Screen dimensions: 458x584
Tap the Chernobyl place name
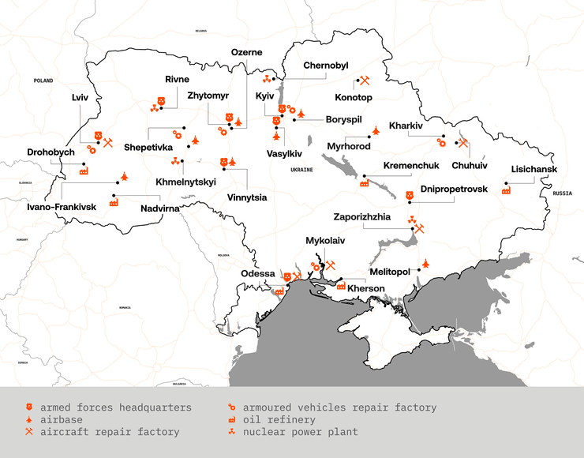pos(325,66)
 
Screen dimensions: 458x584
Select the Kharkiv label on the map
pos(406,126)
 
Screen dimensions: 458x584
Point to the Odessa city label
pos(258,273)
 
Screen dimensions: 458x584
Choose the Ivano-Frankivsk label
pos(61,206)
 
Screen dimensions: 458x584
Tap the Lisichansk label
pos(534,169)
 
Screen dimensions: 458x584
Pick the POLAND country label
pos(43,81)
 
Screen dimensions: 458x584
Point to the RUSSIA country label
pos(562,193)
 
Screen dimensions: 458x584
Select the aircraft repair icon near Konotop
pos(365,80)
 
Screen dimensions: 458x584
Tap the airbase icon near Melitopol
pos(426,263)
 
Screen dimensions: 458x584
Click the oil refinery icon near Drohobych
pos(83,170)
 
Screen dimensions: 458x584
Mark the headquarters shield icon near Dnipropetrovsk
pos(409,196)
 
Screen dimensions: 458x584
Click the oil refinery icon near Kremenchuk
pos(364,183)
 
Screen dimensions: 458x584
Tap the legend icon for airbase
pos(29,420)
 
